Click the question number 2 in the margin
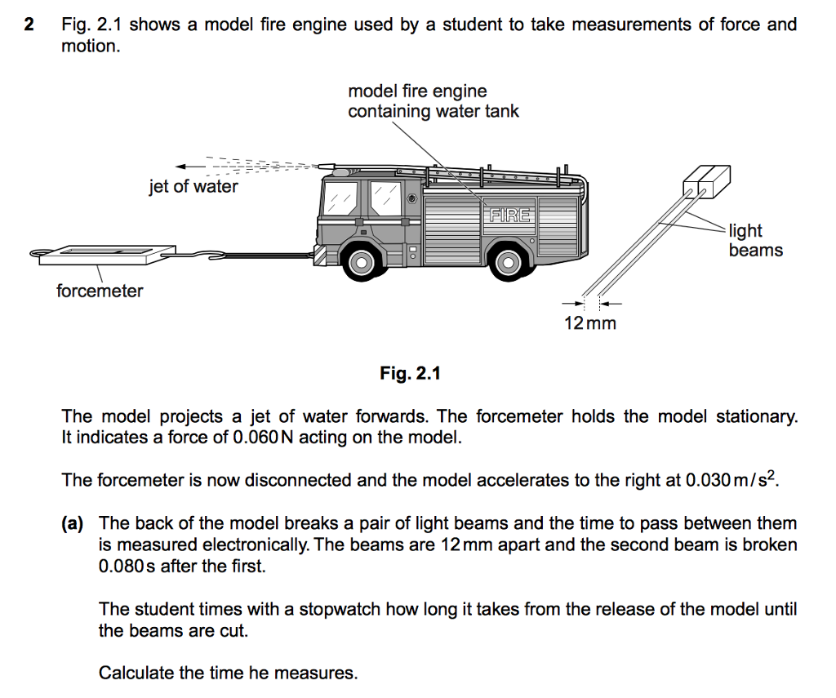(x=29, y=24)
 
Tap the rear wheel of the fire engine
(x=507, y=261)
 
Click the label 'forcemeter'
(x=100, y=291)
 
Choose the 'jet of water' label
(x=193, y=186)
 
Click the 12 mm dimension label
(x=590, y=323)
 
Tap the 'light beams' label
(x=755, y=241)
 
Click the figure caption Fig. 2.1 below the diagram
(x=410, y=374)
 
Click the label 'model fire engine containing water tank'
(x=433, y=101)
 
